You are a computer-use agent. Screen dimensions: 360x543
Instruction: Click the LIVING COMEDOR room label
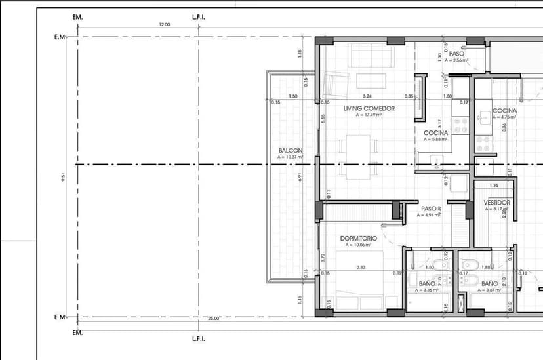pos(369,108)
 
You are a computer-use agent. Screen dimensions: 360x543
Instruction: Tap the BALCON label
pos(291,150)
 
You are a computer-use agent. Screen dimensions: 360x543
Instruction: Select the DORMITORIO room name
pos(358,238)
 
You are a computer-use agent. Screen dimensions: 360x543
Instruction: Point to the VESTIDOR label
pos(496,203)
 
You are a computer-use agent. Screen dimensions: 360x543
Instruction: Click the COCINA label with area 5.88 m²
pos(435,132)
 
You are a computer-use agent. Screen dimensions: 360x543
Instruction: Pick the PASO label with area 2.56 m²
pos(456,54)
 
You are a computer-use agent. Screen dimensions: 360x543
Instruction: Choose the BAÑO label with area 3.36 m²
pos(426,284)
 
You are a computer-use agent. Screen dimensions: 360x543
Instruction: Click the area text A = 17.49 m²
pos(369,115)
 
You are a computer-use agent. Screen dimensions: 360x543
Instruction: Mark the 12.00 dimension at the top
pos(164,24)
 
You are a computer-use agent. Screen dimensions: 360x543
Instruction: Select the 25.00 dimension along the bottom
pos(214,318)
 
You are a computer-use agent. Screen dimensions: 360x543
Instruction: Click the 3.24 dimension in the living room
pos(367,96)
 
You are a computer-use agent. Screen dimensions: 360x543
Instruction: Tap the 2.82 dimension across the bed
pos(361,267)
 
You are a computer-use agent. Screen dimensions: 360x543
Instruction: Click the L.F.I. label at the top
pos(198,17)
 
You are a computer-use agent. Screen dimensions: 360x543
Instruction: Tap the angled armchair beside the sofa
pos(335,85)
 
